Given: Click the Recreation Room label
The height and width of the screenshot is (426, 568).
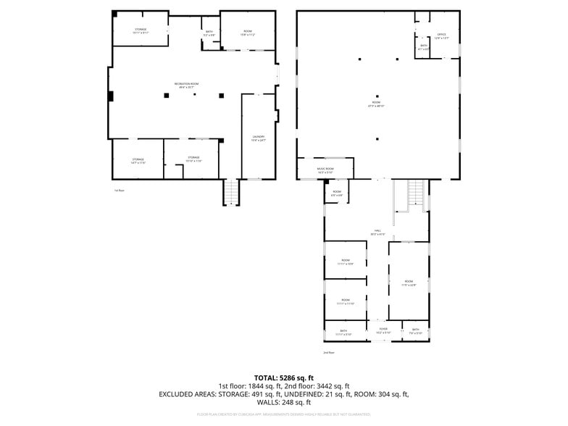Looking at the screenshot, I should pos(187,85).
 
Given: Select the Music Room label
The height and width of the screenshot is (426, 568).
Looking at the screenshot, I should pos(325,170).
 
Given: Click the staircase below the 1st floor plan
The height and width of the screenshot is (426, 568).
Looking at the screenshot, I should pos(230,192).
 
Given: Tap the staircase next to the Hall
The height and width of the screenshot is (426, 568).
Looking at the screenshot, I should pos(415,193).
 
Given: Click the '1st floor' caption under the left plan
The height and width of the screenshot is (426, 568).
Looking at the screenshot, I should pos(119,190).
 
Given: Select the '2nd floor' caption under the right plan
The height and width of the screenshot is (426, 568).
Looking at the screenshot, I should pos(329,353).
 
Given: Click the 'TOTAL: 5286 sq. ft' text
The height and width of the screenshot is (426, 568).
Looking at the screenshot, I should pos(283,378).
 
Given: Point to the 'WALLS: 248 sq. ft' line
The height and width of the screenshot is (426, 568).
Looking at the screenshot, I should pos(283,402).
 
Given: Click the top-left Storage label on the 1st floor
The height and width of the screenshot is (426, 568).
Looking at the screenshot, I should pos(140,30).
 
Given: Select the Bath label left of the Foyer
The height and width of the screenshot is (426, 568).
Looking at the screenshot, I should pos(343,331).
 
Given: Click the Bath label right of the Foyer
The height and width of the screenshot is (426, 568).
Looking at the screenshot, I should pos(416,330).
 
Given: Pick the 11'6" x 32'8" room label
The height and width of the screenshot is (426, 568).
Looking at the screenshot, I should pos(409,283).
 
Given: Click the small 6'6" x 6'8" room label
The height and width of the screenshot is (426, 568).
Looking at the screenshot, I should pos(337,193).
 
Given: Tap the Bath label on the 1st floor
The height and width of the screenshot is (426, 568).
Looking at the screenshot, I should pos(209,33).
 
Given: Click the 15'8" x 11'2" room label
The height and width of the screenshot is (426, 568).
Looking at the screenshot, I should pos(248,33).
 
